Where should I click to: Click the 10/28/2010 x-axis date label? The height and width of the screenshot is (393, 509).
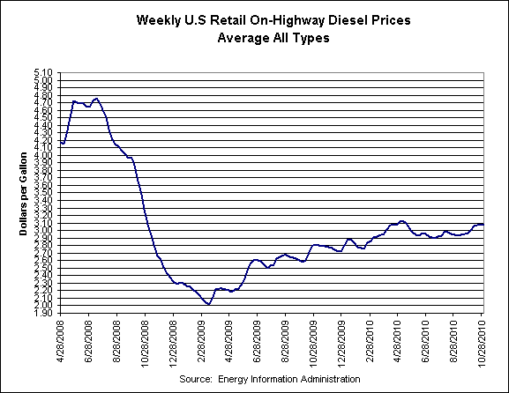click(x=484, y=340)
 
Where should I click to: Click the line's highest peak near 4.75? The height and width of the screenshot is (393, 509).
click(x=96, y=99)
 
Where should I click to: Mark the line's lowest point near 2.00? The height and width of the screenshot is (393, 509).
click(x=208, y=304)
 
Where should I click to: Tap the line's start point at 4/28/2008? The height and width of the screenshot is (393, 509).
click(x=60, y=142)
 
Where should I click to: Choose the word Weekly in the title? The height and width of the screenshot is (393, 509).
click(x=160, y=19)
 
